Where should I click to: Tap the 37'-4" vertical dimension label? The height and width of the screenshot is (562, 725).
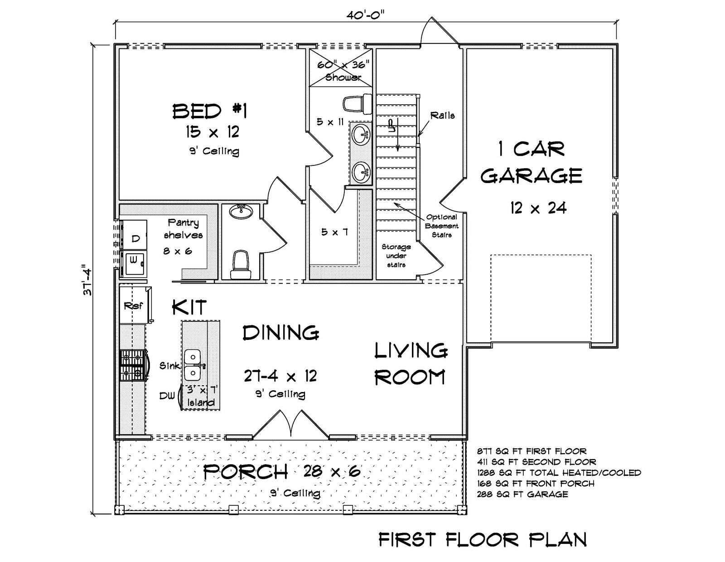(x=87, y=280)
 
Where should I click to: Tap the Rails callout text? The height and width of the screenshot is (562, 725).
(x=442, y=116)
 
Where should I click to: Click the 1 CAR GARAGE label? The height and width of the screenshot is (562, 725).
(x=531, y=162)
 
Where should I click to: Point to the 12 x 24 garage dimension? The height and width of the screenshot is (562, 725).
(x=538, y=208)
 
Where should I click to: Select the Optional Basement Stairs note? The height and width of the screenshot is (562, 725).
(x=441, y=226)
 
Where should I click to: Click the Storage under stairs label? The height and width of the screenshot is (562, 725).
(x=396, y=256)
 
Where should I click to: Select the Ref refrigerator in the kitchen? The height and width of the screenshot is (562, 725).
(x=133, y=305)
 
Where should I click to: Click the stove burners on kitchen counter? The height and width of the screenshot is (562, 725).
(x=132, y=365)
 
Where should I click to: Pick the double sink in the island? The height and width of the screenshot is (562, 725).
(x=193, y=365)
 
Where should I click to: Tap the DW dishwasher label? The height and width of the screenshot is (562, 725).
(x=167, y=396)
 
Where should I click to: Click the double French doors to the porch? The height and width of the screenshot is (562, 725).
(x=290, y=426)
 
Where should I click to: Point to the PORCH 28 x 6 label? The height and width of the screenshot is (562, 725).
(x=281, y=472)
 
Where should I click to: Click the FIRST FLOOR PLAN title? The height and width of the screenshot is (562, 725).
(x=482, y=540)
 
